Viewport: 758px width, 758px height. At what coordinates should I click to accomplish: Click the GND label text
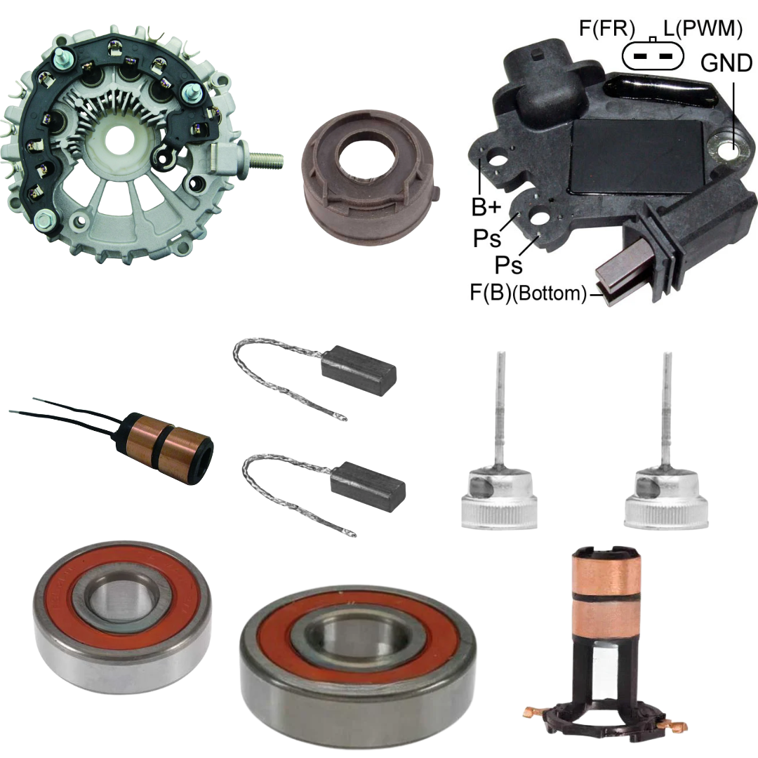(726, 63)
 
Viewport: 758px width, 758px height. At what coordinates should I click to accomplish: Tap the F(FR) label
(606, 29)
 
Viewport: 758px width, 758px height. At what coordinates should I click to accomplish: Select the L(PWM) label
(703, 29)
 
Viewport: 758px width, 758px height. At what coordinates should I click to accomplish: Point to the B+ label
(486, 207)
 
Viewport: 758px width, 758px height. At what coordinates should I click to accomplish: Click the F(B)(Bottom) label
(528, 293)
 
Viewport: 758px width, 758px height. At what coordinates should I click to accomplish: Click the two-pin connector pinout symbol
(653, 55)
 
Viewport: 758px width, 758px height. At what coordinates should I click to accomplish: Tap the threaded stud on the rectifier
(265, 159)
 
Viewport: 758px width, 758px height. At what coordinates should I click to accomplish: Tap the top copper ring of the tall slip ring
(604, 576)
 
